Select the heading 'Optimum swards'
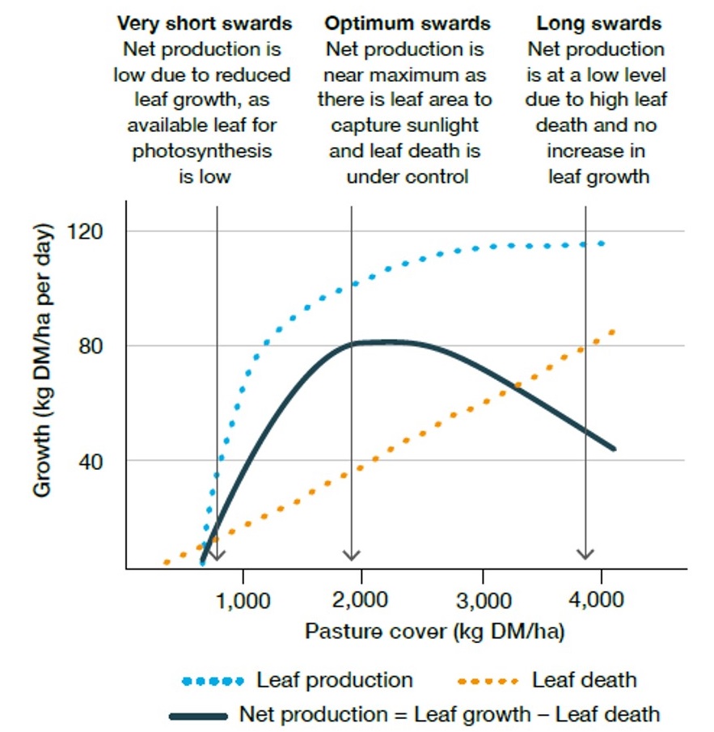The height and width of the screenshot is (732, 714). tap(408, 23)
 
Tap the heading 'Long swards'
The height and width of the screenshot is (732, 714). tap(599, 23)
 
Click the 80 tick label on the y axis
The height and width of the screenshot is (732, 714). tap(99, 346)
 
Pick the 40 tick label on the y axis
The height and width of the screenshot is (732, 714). tap(99, 461)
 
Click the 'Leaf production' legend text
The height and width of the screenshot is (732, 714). tap(335, 680)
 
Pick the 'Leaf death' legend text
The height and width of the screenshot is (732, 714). tap(585, 680)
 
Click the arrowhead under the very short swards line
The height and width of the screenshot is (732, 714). tap(217, 555)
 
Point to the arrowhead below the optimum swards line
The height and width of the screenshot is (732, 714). tap(351, 555)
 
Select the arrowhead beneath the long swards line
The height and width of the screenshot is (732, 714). tap(585, 555)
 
